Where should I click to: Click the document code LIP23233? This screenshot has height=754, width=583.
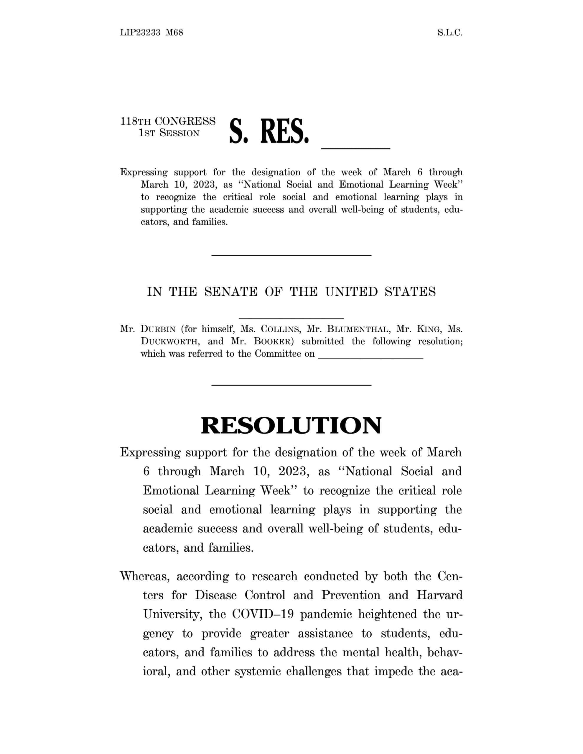click(x=140, y=33)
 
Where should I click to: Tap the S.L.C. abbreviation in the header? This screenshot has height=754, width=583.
click(x=449, y=33)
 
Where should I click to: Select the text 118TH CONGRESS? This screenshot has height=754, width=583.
click(x=168, y=121)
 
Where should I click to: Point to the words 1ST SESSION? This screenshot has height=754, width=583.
click(x=169, y=133)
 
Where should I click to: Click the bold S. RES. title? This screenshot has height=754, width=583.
click(x=269, y=132)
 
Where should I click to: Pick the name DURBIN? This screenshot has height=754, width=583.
click(x=158, y=329)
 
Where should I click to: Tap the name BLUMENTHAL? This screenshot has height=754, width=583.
click(x=358, y=329)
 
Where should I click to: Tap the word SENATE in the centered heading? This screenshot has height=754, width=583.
click(x=231, y=292)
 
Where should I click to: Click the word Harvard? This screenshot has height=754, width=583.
click(x=439, y=595)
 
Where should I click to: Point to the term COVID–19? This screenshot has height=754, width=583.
click(x=263, y=614)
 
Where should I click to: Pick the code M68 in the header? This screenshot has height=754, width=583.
click(x=174, y=33)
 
